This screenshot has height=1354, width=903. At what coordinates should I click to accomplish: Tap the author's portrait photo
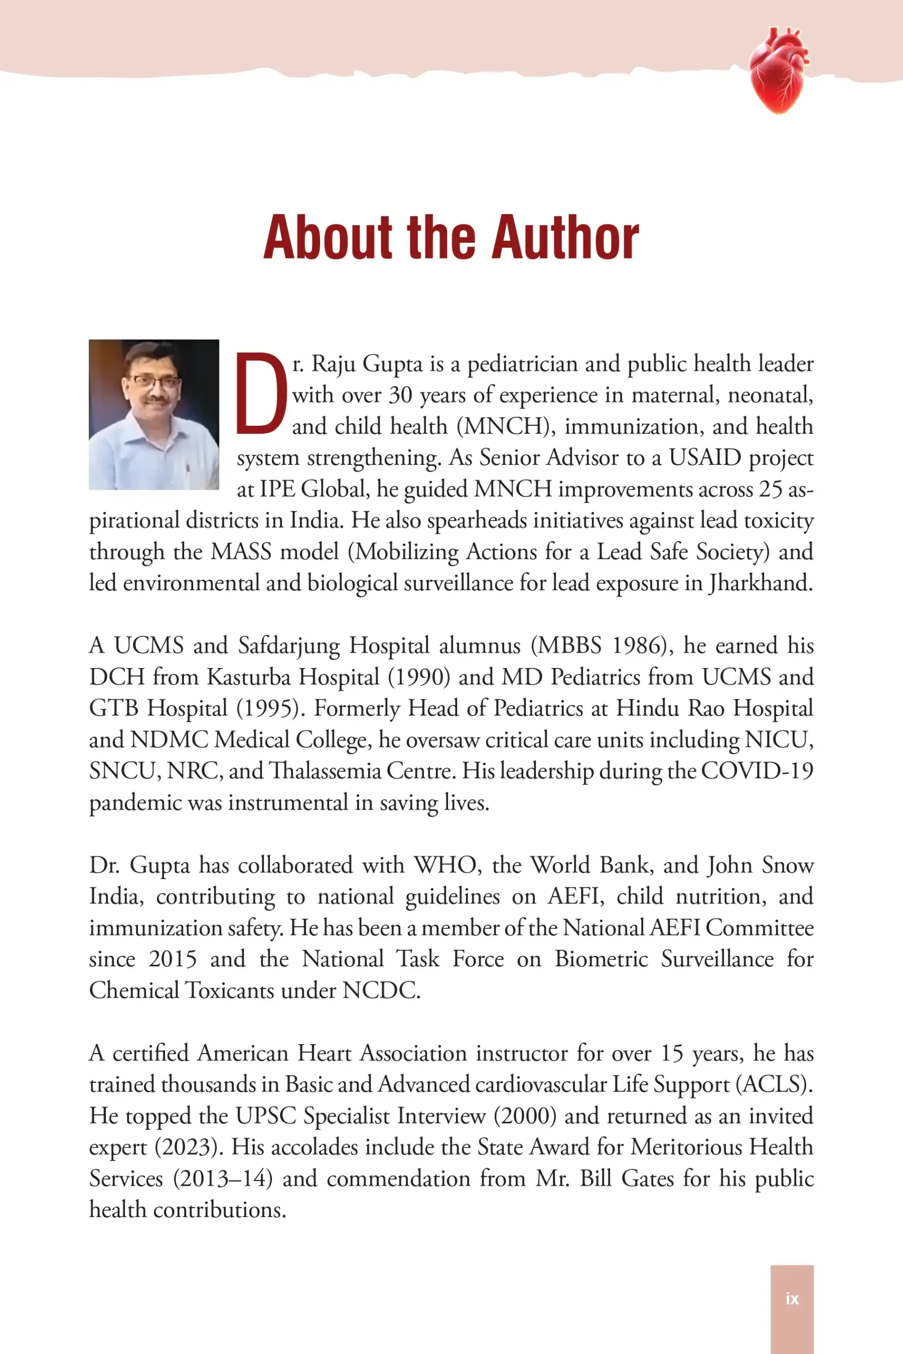[154, 415]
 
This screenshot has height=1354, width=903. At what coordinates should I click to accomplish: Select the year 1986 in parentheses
[637, 645]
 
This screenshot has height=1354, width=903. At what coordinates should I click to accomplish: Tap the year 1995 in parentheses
[269, 708]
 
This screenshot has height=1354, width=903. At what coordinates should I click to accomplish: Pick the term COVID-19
[756, 771]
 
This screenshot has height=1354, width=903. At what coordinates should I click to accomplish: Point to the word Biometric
[601, 959]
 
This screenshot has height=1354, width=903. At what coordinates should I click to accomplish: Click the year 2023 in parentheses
[188, 1147]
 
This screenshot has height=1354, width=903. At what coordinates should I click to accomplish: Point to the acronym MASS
[241, 552]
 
